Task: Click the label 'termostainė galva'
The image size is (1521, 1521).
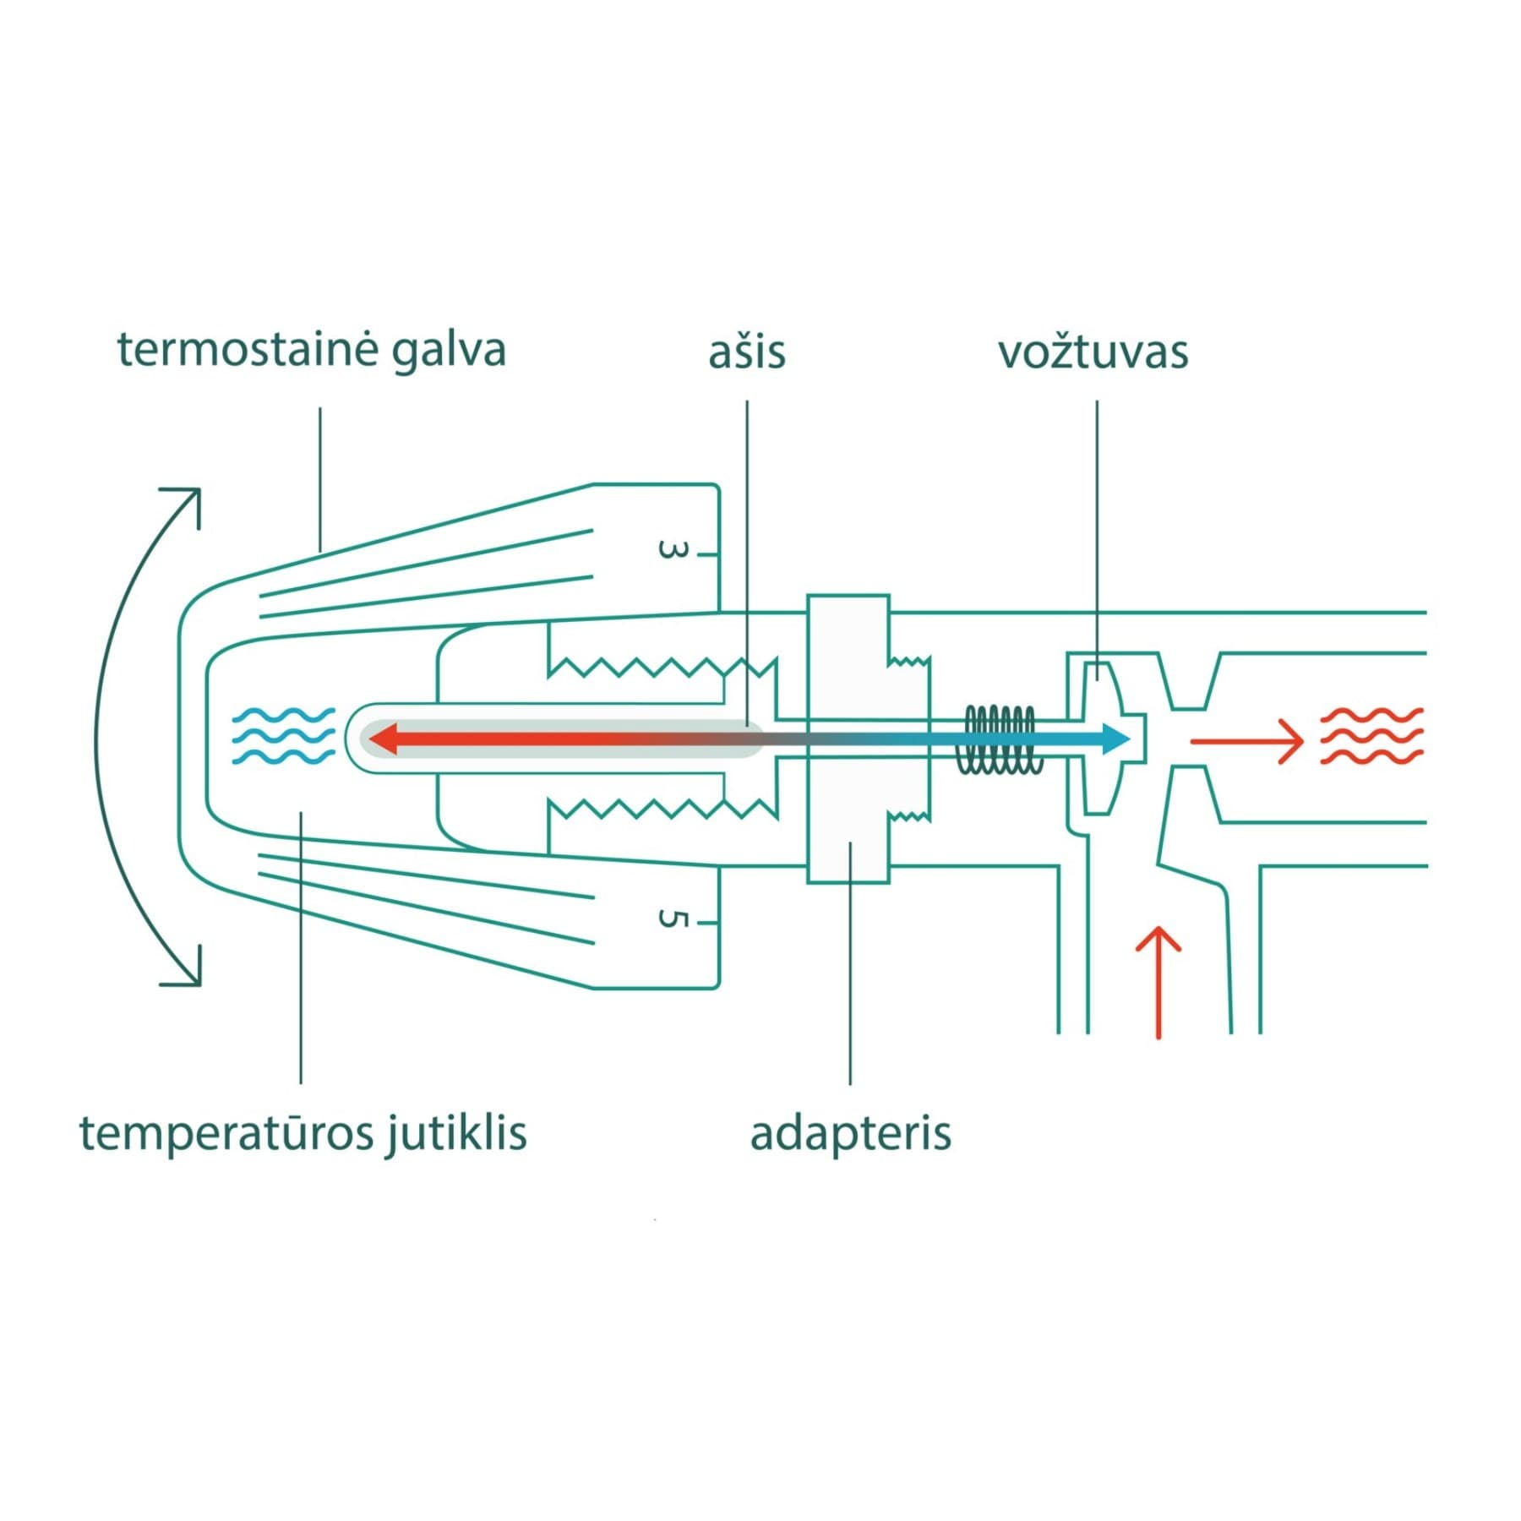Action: coord(311,351)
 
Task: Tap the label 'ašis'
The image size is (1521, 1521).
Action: coord(747,352)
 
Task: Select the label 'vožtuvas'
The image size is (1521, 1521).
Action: coord(1093,352)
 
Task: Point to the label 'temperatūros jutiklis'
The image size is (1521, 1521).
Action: coord(303,1133)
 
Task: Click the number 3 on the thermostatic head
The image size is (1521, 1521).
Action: coord(673,551)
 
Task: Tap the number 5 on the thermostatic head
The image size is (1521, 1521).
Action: coord(673,919)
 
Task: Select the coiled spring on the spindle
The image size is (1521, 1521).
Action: coord(999,739)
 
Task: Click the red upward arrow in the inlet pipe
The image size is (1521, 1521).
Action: coord(1158,982)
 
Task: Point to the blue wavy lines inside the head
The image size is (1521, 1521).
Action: coord(284,736)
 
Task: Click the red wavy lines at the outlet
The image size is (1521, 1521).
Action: coord(1371,736)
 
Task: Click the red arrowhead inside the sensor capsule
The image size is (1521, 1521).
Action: coord(384,739)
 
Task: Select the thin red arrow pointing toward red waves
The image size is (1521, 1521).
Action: coord(1248,742)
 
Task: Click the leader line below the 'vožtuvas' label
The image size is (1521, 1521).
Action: coord(1097,541)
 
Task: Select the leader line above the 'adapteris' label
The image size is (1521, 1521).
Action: coord(850,962)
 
